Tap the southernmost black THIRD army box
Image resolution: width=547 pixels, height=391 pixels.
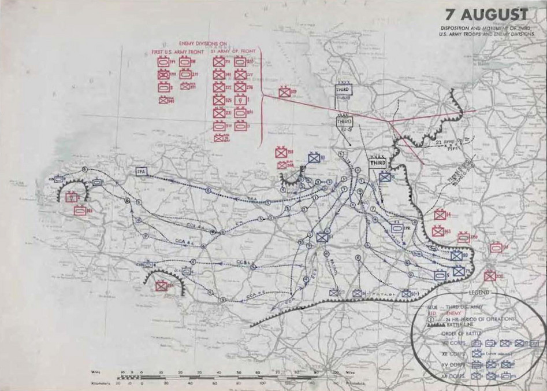pyautogui.click(x=377, y=163)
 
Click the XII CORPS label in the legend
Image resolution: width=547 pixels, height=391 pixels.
pyautogui.click(x=444, y=353)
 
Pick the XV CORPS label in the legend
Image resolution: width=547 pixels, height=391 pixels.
pyautogui.click(x=444, y=365)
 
